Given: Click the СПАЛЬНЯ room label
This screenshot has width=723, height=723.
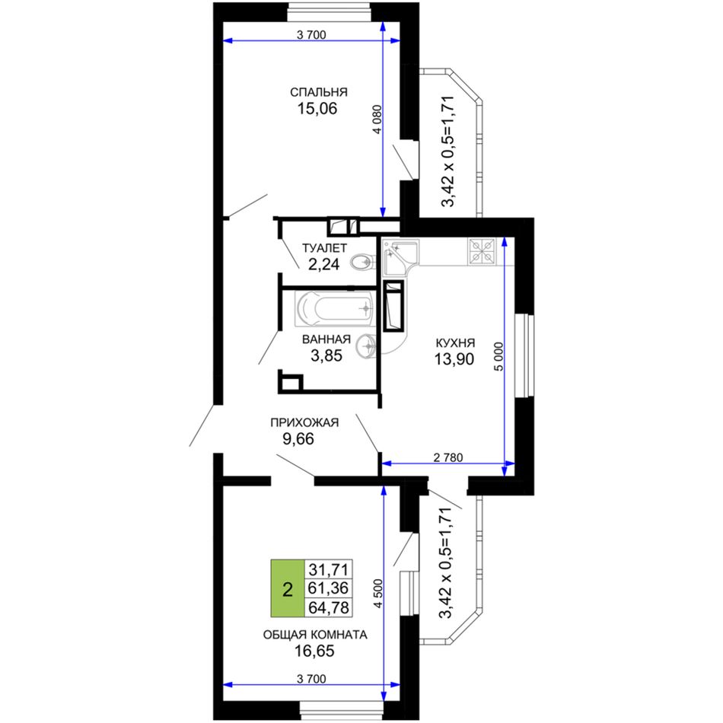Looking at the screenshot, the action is (x=319, y=92).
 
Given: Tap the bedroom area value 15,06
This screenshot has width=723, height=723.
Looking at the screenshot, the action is (x=317, y=109).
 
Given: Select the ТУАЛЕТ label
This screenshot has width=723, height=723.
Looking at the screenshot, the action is (x=324, y=248).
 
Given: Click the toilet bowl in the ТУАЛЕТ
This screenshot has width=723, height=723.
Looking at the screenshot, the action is (x=361, y=263).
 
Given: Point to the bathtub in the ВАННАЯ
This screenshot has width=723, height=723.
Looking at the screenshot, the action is (x=335, y=309).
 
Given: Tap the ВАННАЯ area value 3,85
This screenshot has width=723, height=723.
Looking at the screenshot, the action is (x=326, y=355).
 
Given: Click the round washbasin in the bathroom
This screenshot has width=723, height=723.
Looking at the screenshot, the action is (x=368, y=345).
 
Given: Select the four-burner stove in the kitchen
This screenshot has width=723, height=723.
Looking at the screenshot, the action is (x=482, y=251).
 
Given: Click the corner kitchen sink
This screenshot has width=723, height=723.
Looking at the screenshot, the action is (x=400, y=256).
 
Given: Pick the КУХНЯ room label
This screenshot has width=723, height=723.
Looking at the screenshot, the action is (x=455, y=343).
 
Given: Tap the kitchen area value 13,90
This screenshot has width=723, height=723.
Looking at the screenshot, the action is (x=454, y=358).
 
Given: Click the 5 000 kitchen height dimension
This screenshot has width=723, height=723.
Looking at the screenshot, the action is (x=498, y=356).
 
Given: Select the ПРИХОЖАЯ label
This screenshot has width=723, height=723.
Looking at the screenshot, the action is (x=304, y=422).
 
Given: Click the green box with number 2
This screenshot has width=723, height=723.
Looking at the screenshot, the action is (x=287, y=588).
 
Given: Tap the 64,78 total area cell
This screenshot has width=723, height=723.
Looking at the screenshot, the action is (x=329, y=608).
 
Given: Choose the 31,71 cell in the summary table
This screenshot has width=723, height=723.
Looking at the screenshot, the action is (x=329, y=569).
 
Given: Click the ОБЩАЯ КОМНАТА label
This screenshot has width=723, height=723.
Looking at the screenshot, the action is (x=315, y=635).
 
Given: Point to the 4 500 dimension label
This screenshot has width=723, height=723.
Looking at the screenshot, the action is (x=378, y=594).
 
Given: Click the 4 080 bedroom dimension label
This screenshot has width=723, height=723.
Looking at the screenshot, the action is (x=377, y=119).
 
